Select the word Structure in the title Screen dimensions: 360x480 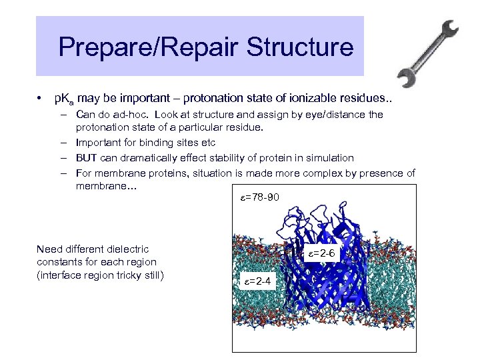point(306,48)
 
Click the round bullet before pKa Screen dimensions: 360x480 point(41,99)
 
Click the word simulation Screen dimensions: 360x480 point(331,157)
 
